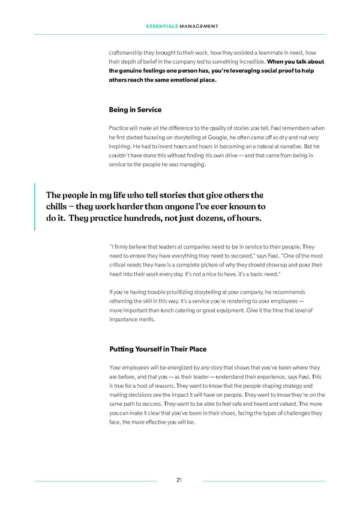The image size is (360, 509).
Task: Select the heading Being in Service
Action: pos(135,110)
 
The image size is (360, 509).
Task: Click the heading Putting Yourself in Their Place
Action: pos(158,349)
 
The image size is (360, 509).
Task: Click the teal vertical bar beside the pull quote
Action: pos(35,206)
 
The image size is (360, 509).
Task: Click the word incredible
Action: pos(245,62)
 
